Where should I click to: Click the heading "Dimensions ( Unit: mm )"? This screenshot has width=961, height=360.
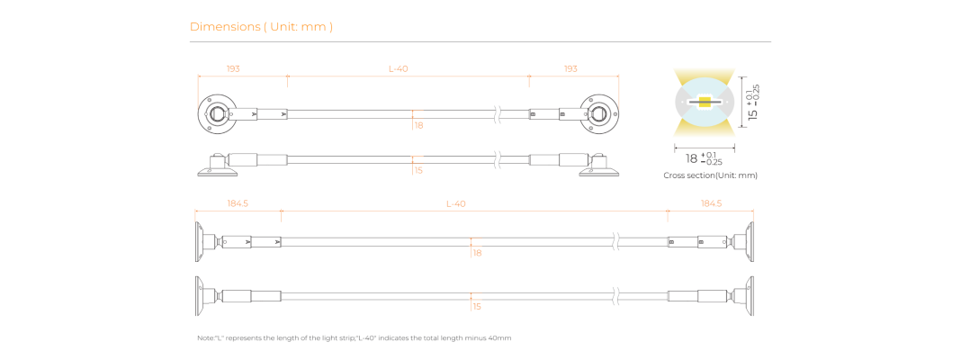[x=261, y=26]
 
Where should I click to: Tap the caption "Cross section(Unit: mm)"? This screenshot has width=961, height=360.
[x=710, y=175]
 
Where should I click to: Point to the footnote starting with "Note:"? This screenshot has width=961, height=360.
[x=355, y=337]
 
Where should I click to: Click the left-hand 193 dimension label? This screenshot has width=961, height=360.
[x=233, y=68]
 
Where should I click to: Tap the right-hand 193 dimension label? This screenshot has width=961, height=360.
[x=570, y=68]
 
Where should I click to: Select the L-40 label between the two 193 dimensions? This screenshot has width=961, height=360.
[x=399, y=68]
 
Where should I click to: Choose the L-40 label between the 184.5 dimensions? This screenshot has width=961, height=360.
[x=456, y=203]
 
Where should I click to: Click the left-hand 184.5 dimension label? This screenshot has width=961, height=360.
[x=238, y=203]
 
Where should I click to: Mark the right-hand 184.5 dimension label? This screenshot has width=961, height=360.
[x=711, y=203]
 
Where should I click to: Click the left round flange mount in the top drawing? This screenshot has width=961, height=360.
[x=217, y=114]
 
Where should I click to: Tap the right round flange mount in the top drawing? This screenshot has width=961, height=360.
[x=598, y=114]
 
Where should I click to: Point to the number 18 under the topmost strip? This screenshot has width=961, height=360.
[x=419, y=125]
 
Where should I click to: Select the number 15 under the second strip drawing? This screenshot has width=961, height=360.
[x=418, y=170]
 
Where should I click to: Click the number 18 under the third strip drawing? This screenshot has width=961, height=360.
[x=477, y=253]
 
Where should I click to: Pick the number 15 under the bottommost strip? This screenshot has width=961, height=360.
[x=477, y=307]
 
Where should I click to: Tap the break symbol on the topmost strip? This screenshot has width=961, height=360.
[x=498, y=114]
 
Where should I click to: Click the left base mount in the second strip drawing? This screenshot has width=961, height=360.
[x=217, y=166]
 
